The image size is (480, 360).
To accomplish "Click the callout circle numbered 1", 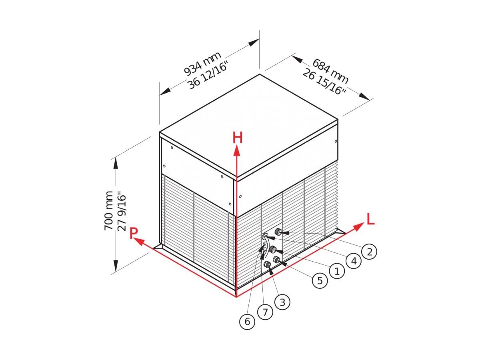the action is click(337, 271).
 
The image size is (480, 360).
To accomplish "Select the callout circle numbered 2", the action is click(369, 252).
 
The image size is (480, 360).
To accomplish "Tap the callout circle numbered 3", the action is click(282, 302).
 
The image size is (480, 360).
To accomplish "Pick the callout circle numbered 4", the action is click(354, 261).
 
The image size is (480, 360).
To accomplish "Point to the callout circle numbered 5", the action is click(320, 280).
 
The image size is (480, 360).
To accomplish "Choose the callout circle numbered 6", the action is click(247, 321).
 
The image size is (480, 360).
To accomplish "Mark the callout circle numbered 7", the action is click(265, 312).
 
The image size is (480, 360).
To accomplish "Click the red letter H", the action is click(238, 138).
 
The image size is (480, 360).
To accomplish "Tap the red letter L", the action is click(371, 219).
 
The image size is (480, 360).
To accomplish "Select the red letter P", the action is click(133, 233).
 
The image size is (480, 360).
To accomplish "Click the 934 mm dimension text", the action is click(202, 63).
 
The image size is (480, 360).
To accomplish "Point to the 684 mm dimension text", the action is click(330, 71).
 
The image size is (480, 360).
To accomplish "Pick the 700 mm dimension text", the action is click(109, 211).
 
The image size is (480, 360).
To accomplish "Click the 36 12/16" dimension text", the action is click(209, 75).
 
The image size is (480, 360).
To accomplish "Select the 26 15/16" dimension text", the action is click(324, 81).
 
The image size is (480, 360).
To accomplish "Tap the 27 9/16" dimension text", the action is click(122, 211).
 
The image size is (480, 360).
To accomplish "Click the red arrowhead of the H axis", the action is click(236, 151).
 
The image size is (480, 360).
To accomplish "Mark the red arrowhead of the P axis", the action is click(139, 241).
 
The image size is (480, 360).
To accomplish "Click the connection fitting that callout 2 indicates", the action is click(278, 231).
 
